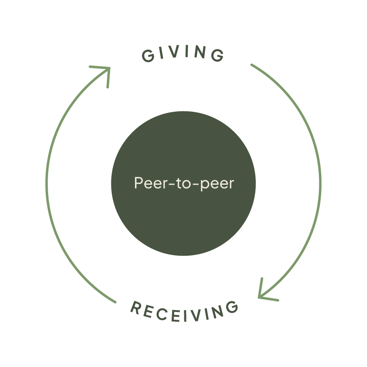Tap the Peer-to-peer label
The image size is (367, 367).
point(184,183)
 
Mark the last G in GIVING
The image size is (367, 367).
point(219,56)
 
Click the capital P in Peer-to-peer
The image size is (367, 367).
point(138,183)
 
